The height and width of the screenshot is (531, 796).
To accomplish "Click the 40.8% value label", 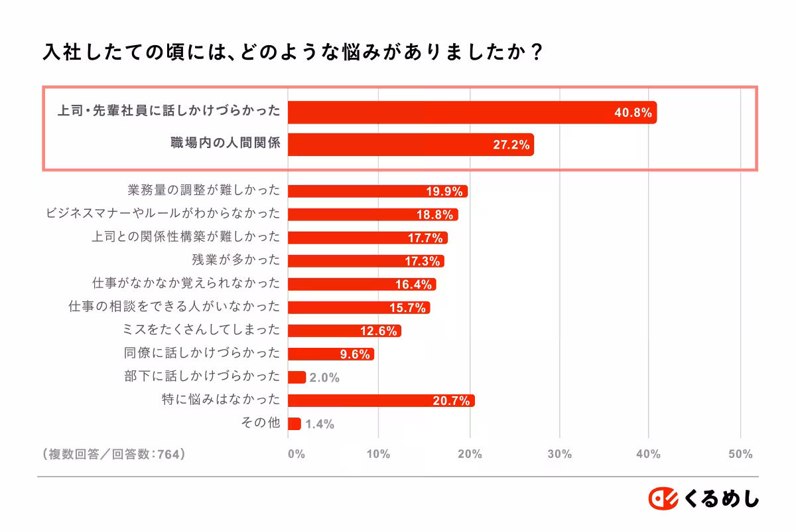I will [x=633, y=113].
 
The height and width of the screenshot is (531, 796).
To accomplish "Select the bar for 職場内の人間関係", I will [x=411, y=145].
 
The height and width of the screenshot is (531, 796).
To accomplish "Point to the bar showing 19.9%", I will [x=377, y=191].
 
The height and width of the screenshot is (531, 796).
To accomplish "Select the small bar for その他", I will [x=294, y=423].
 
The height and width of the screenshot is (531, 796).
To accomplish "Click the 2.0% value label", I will [x=324, y=378].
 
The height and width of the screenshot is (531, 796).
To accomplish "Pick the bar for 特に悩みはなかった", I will [x=381, y=400].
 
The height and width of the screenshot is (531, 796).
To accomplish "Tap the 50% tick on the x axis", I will [x=740, y=454].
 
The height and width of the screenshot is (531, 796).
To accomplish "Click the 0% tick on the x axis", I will [x=296, y=454].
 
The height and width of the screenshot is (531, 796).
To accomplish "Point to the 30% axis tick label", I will [x=559, y=454].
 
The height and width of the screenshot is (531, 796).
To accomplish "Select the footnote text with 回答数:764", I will [x=112, y=454].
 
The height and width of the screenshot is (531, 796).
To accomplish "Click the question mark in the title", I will [x=537, y=52].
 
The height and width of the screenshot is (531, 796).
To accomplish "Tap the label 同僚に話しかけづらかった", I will [x=202, y=353].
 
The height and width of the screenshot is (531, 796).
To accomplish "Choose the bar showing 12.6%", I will [x=344, y=331].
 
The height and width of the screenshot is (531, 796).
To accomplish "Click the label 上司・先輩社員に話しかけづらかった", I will [x=168, y=112].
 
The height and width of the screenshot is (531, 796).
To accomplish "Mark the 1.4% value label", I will [x=319, y=424].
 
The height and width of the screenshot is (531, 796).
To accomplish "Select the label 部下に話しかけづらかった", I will [x=202, y=376].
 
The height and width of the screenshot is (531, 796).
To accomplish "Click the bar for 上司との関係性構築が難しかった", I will [x=367, y=238].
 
